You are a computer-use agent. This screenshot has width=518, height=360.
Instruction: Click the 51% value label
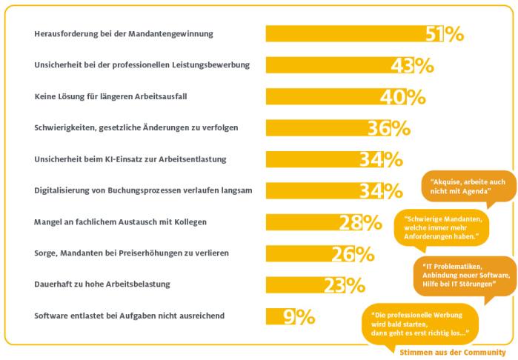point(445,34)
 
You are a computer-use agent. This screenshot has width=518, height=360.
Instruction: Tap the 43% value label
point(412,65)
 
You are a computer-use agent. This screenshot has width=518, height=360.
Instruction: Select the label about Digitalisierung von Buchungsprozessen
point(144,190)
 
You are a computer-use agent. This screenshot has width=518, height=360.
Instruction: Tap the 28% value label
point(360,222)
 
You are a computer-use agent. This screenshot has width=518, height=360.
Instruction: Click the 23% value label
point(344,284)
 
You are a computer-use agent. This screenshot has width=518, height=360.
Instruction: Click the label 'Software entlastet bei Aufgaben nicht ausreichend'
point(130,316)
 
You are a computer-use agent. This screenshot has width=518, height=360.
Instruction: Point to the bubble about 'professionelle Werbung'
point(419,321)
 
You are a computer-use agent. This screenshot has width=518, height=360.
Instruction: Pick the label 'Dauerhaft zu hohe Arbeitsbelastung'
point(102,284)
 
